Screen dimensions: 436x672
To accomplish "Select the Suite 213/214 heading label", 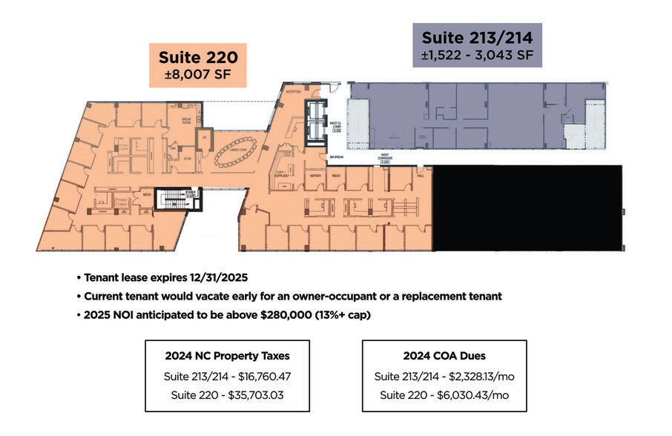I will [x=477, y=36].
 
